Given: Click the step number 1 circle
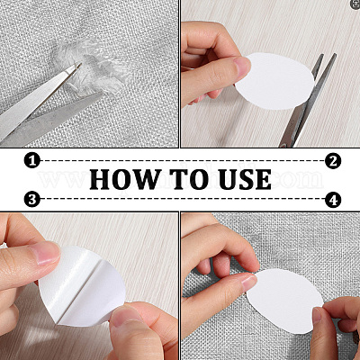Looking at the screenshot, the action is coord(32,161).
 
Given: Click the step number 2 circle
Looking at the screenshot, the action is coord(333,161).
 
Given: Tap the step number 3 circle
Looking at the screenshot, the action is coord(32,199).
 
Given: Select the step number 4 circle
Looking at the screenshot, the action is coord(333,200).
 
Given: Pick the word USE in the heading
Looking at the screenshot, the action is coord(245,179).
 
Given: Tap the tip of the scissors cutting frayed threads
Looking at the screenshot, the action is coord(80,64).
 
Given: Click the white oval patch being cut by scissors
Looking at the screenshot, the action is coord(275,81).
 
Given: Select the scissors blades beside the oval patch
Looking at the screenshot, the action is coord(309,99).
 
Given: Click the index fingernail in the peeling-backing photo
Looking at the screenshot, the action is coord(46,253).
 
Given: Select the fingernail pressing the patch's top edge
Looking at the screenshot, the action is coord(249,283).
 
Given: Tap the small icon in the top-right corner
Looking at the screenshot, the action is coord(355,4).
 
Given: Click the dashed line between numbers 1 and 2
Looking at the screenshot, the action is coord(183,161).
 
